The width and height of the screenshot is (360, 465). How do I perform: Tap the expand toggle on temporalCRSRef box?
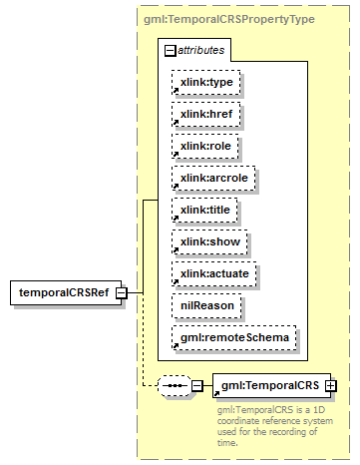point(120,292)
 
